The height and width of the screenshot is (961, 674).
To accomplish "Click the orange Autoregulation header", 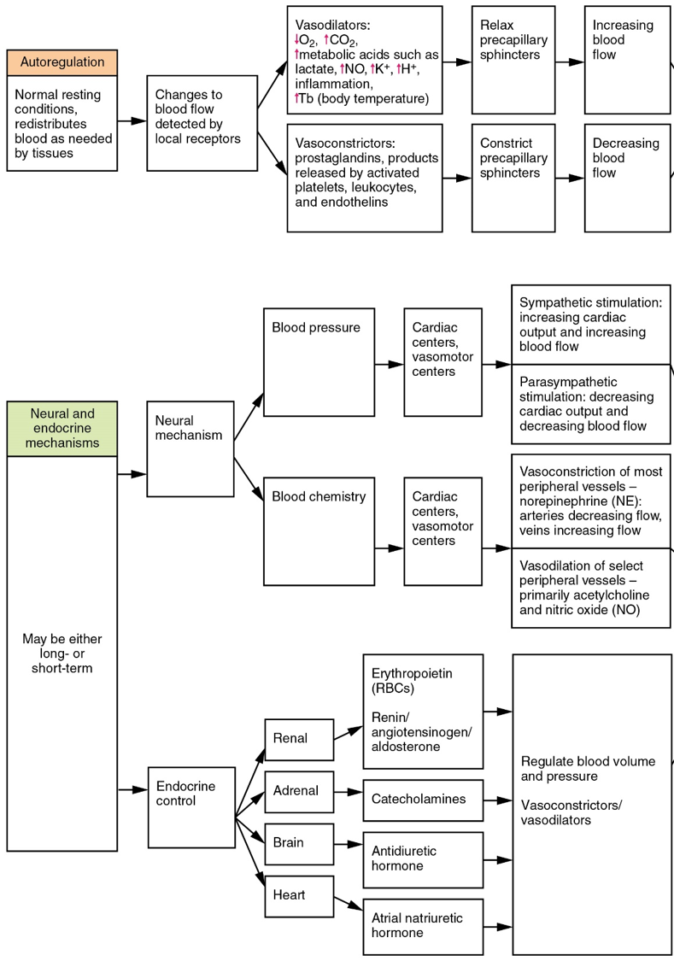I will (x=62, y=62).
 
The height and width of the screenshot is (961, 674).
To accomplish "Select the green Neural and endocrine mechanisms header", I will (x=62, y=428).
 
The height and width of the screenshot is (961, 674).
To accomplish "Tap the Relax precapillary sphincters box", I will (x=513, y=60).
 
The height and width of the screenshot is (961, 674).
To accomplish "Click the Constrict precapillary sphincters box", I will (x=513, y=178).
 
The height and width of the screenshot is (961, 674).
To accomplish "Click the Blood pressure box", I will (x=319, y=362).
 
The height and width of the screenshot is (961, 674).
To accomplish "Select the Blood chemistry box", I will (x=319, y=531).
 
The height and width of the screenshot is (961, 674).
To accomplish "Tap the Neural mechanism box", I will (x=190, y=448).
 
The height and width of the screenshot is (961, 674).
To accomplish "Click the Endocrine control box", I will (x=190, y=807).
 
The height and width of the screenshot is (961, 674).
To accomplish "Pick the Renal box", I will (x=298, y=740).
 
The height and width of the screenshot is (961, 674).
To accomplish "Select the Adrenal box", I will (x=298, y=791).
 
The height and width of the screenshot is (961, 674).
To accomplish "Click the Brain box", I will (x=298, y=843).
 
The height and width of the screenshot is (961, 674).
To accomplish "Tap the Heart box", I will (x=298, y=895).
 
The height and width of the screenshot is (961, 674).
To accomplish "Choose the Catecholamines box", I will (x=423, y=800).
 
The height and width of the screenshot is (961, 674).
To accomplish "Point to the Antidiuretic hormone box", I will (x=423, y=859).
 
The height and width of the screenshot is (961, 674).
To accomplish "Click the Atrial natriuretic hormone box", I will (x=423, y=926).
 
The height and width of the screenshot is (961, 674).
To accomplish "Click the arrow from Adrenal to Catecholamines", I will (x=348, y=793).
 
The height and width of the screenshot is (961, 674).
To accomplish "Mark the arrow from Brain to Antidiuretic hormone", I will (x=348, y=845).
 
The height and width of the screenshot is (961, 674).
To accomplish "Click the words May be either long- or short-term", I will (x=62, y=653).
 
